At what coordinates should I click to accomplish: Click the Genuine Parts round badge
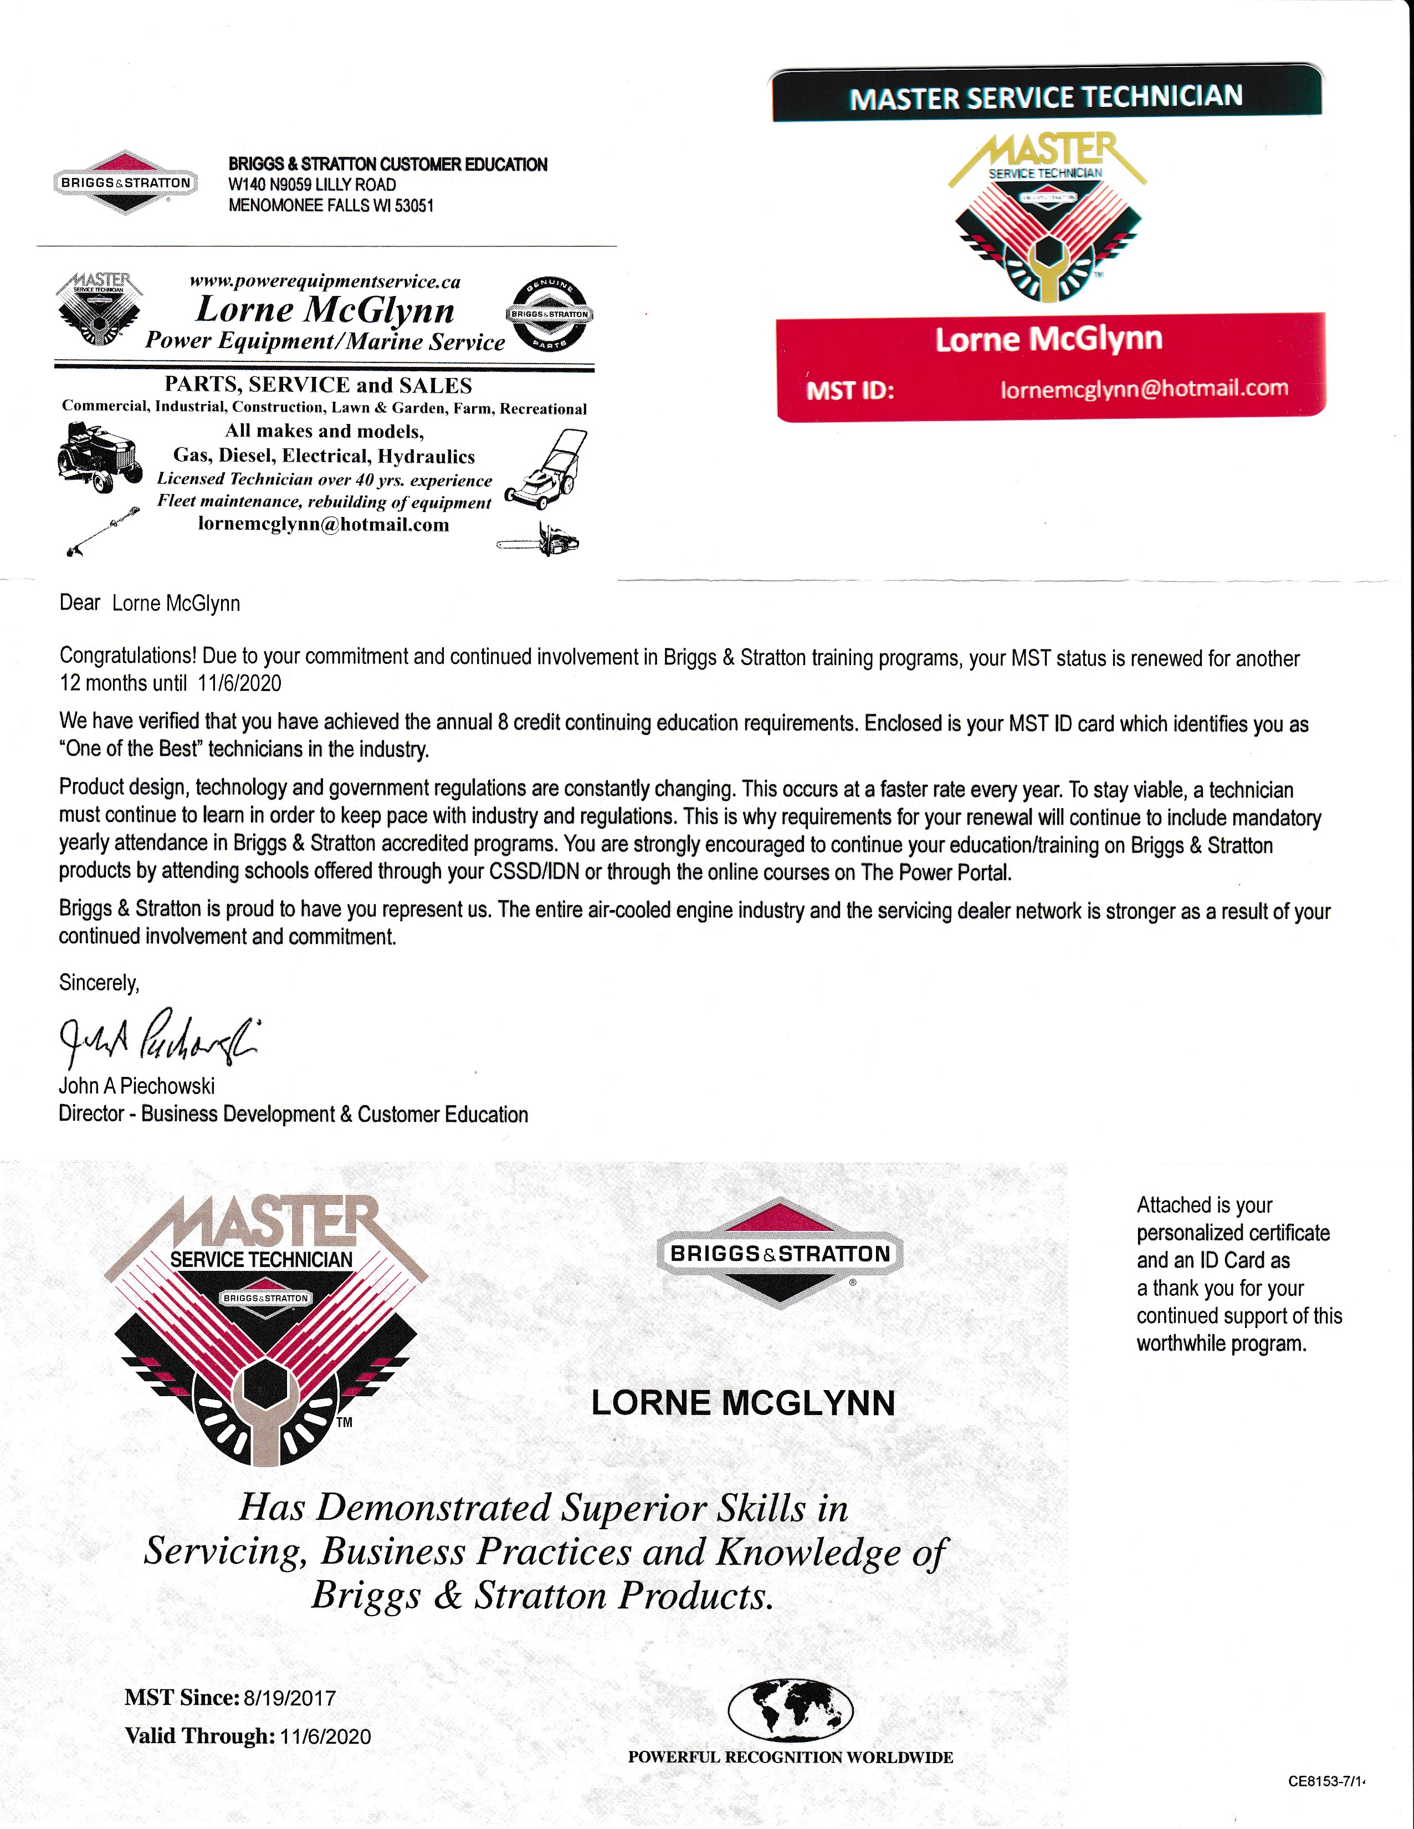coord(549,315)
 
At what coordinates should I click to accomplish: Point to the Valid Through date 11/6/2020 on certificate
coord(324,1736)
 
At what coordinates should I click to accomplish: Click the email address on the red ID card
coord(1144,389)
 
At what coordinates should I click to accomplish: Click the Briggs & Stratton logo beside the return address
coord(126,182)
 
